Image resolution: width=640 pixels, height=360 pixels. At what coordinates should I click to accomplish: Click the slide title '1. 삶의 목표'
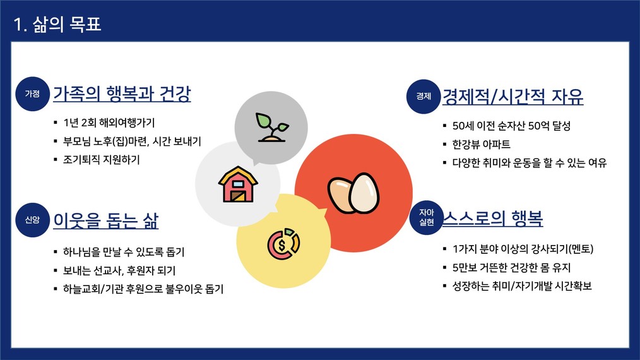57,24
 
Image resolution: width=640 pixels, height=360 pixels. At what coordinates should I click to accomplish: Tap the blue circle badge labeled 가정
32,93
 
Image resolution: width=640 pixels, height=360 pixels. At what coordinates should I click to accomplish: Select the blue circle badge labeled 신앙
32,220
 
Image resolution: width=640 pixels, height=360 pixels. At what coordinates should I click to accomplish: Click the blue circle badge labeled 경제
424,96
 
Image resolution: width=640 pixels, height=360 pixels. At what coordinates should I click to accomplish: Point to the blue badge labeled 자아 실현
427,217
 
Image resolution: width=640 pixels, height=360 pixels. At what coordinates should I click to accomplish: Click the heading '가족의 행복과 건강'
122,94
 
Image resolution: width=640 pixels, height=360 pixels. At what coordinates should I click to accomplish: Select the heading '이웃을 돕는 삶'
105,220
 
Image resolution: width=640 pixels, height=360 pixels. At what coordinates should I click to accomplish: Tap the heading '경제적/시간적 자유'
513,97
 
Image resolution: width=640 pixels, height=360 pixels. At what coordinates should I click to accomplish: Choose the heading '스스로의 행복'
493,218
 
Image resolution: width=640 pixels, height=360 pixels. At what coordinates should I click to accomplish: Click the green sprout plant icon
272,127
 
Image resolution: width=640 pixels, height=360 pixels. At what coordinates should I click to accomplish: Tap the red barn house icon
238,184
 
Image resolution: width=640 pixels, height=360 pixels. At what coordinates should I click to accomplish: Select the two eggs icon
353,193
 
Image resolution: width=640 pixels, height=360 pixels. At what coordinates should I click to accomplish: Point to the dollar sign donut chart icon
283,244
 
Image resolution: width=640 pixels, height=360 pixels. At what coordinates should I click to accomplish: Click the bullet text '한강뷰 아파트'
481,144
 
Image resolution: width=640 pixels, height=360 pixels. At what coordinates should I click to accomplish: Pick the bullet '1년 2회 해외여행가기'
109,123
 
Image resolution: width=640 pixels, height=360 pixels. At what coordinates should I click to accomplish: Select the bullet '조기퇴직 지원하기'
101,159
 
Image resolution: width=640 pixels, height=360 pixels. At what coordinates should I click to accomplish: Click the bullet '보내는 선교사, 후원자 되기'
119,270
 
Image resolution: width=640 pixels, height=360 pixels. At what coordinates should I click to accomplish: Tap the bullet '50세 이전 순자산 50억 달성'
511,126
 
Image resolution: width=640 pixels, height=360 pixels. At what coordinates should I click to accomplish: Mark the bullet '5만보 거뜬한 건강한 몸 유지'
511,268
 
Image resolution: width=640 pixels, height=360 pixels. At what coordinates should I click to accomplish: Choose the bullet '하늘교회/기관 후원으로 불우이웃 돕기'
143,289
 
